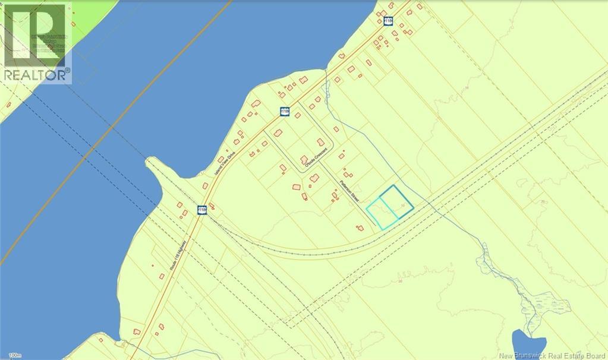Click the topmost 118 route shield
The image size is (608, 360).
(388, 21)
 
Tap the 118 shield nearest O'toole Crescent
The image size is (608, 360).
(285, 112)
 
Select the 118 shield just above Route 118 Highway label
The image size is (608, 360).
(201, 210)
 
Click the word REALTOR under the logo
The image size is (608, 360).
(34, 75)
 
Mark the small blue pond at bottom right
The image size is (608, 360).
(528, 345)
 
